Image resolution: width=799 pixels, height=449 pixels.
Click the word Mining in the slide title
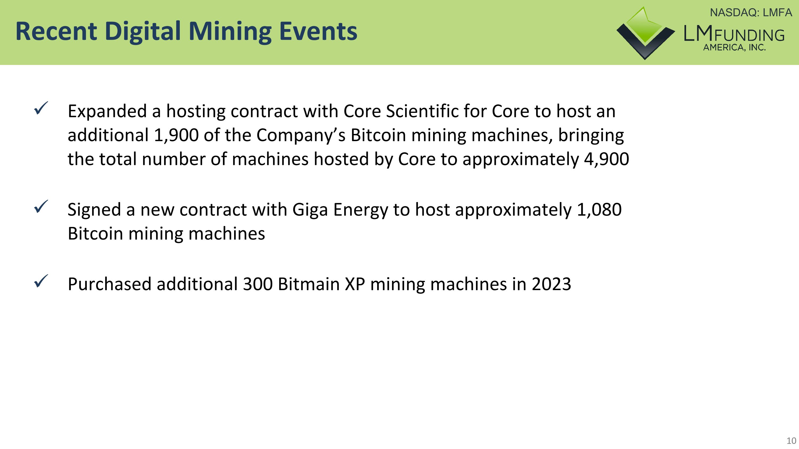pos(230,32)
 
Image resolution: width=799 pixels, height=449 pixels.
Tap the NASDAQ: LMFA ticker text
pos(751,13)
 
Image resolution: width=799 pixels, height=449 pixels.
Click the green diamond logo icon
pos(645,32)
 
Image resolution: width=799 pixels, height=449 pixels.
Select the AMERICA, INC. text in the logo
pos(734,48)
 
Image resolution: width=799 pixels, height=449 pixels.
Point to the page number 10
pos(791,440)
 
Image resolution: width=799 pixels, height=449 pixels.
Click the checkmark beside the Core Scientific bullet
pos(41,108)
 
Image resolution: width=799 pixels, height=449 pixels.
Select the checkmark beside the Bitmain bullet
pos(41,281)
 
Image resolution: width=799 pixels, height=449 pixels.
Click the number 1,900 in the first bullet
pos(176,135)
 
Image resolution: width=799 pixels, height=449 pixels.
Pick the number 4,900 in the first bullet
pos(606,159)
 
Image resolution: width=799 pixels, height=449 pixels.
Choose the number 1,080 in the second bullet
pos(599,210)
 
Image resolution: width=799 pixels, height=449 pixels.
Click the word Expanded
pos(107,112)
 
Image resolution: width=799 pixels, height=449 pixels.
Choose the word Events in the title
pos(318,32)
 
